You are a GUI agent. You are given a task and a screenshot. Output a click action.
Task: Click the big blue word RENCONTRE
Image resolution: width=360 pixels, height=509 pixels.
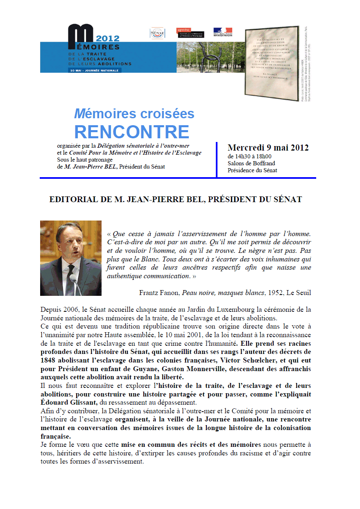click(131, 132)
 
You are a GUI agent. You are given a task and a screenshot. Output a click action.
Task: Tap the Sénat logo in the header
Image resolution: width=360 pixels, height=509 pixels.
click(157, 33)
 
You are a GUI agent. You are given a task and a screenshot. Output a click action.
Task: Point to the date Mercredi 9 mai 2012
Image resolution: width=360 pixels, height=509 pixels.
click(268, 148)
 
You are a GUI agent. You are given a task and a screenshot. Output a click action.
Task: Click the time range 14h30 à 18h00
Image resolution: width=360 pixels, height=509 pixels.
click(249, 156)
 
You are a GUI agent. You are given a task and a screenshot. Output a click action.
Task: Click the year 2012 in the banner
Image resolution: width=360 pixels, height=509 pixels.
click(108, 39)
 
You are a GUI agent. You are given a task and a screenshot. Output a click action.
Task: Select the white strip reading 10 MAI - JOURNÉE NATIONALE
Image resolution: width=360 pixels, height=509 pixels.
click(95, 70)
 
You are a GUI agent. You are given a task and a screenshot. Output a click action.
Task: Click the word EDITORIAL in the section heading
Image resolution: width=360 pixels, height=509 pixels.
click(70, 200)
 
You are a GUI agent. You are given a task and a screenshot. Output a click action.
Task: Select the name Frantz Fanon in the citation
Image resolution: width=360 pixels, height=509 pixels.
click(159, 293)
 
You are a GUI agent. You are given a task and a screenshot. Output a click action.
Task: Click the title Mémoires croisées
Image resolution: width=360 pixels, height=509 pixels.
click(134, 114)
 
